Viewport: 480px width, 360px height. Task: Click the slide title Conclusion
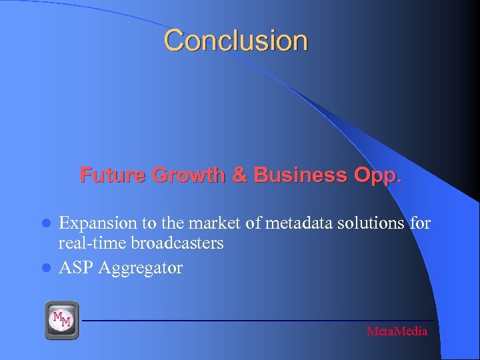coord(236,40)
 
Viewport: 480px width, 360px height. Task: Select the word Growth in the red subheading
coord(187,175)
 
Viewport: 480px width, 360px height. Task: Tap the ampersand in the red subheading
coord(239,175)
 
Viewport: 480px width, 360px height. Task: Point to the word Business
coord(298,175)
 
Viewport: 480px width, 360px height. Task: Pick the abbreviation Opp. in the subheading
coord(377,175)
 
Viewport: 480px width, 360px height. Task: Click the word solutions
coord(362,223)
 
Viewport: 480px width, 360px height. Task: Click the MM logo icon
coord(62,319)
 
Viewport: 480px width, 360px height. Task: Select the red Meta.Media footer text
coord(397,331)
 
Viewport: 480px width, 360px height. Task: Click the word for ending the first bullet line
coord(421,223)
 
